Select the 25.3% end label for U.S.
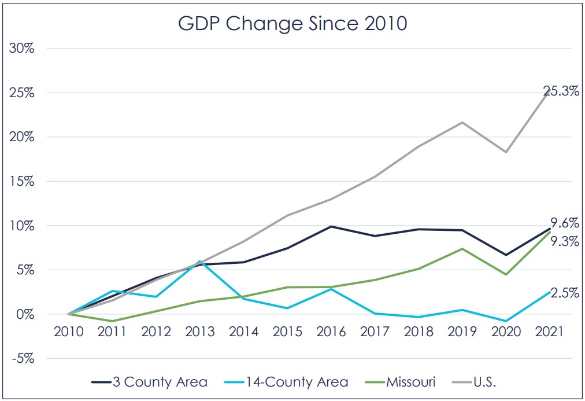pyautogui.click(x=561, y=91)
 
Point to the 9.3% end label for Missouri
pyautogui.click(x=563, y=242)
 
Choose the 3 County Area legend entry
pyautogui.click(x=149, y=381)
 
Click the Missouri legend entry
pyautogui.click(x=409, y=381)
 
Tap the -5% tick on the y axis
pyautogui.click(x=23, y=358)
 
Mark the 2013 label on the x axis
pyautogui.click(x=200, y=332)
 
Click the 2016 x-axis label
pyautogui.click(x=331, y=332)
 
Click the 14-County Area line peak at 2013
pyautogui.click(x=200, y=261)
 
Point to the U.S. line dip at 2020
pyautogui.click(x=506, y=152)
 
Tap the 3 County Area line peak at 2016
pyautogui.click(x=331, y=226)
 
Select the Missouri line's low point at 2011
pyautogui.click(x=113, y=321)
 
